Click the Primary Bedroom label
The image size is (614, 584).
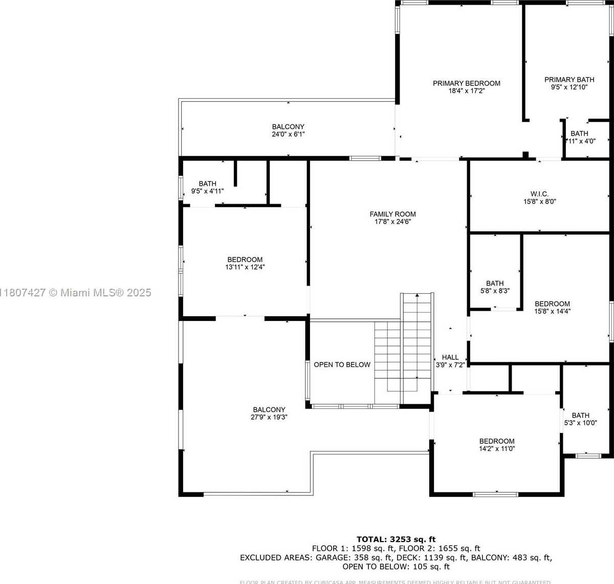click(466, 83)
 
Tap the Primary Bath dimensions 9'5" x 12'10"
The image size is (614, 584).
click(569, 88)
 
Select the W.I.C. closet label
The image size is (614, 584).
click(539, 194)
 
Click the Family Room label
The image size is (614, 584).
click(392, 214)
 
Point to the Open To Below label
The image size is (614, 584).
click(342, 365)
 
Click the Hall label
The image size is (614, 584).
click(450, 358)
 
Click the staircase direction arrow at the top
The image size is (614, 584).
click(418, 296)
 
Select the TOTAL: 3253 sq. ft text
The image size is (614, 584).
click(396, 539)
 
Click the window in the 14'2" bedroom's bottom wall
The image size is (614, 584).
click(495, 494)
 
